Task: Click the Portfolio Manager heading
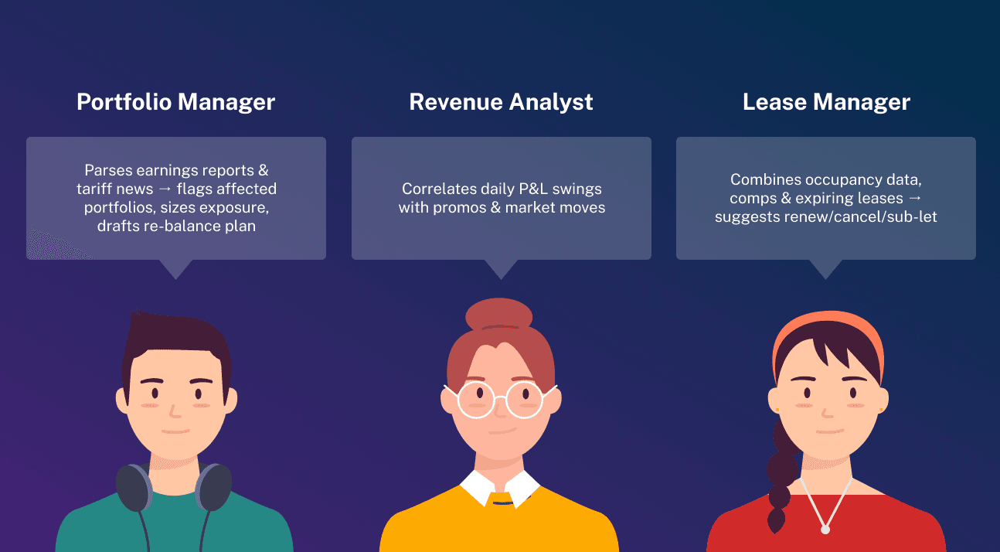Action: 175,102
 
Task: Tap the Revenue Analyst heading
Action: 501,102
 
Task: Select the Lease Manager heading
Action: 826,102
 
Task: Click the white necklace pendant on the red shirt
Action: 825,530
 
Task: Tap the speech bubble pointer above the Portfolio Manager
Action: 175,269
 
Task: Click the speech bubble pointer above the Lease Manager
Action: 825,269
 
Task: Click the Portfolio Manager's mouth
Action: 176,431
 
